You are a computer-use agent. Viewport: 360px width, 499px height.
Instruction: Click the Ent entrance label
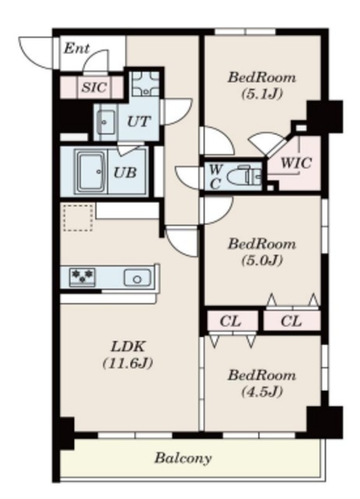76,48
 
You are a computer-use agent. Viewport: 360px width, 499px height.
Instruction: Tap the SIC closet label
94,87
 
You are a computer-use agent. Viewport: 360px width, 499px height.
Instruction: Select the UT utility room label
139,122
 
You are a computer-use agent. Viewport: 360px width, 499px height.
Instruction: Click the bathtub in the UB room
91,172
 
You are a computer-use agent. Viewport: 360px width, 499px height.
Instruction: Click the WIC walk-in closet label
296,163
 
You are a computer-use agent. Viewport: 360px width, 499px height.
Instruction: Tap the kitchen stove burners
83,276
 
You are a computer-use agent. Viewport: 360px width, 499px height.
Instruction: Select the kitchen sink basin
137,278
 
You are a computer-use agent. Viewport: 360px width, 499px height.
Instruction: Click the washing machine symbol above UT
146,83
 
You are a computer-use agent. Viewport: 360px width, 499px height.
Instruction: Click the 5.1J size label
262,94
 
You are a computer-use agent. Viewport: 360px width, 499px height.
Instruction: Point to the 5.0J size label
262,260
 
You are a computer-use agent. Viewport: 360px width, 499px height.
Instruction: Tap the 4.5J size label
262,391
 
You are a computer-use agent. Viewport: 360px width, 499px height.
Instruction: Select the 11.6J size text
128,363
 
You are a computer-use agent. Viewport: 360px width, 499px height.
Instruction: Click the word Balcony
183,458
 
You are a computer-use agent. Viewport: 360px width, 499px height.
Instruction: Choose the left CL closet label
230,321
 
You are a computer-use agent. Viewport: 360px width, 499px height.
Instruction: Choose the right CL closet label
291,321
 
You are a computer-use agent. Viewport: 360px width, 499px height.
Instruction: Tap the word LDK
128,347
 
